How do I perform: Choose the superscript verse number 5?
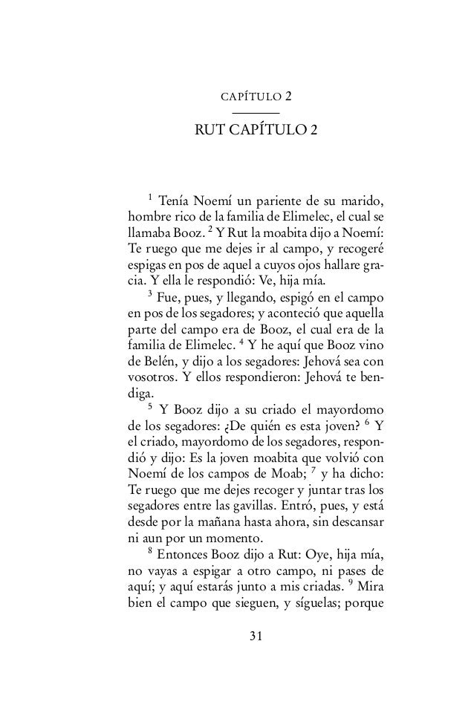click(x=151, y=405)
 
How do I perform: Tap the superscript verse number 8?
click(x=151, y=549)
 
